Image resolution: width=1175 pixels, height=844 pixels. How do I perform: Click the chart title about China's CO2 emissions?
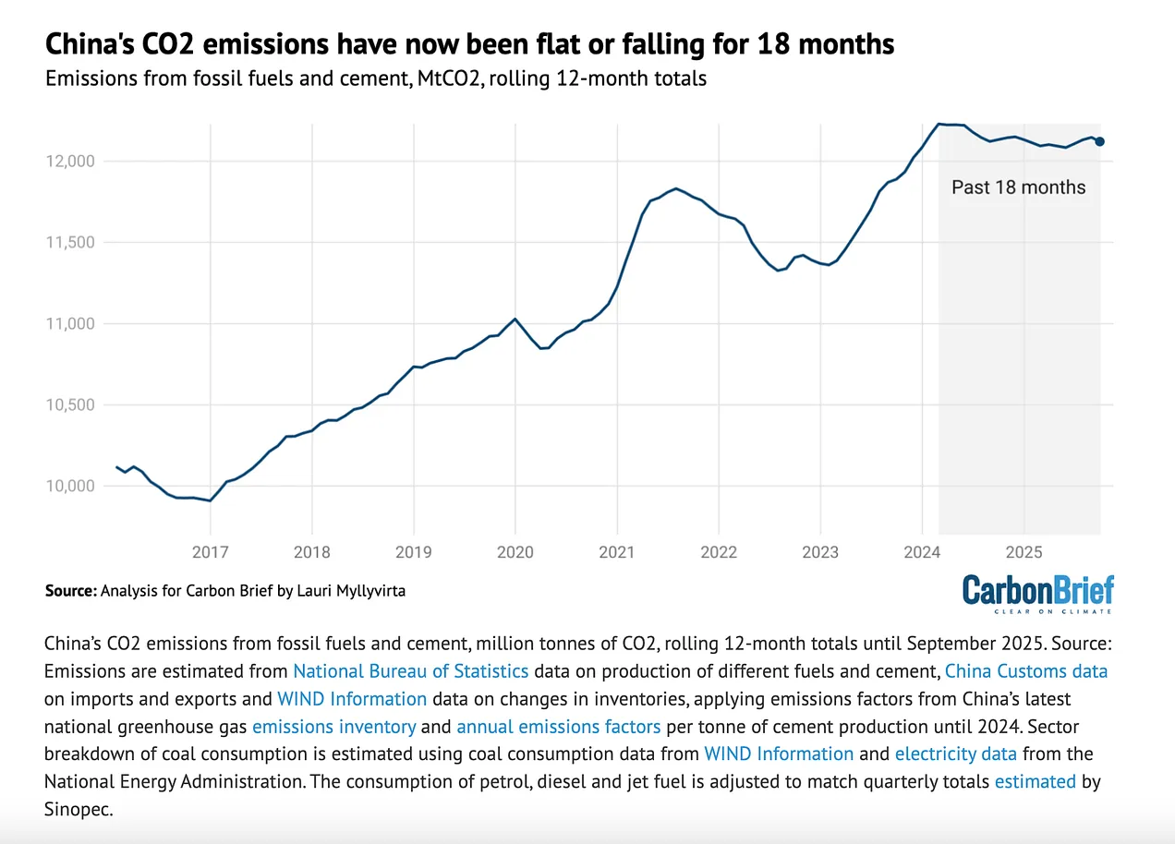[x=469, y=44]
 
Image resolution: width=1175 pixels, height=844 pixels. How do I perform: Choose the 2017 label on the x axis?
[x=211, y=552]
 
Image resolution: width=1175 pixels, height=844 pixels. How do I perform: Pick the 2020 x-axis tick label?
[x=515, y=552]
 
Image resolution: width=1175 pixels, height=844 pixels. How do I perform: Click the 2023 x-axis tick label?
[x=820, y=552]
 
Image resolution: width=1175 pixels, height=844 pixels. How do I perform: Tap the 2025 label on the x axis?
[x=1024, y=552]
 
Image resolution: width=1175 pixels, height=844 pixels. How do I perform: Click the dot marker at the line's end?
[x=1099, y=141]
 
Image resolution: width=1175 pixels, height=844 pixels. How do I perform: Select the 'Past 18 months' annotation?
[x=1018, y=187]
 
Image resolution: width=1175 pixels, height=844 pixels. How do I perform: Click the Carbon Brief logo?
[x=1037, y=592]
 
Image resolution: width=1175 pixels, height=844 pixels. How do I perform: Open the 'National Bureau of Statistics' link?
[x=411, y=670]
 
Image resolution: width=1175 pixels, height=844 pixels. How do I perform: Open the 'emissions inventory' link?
[x=333, y=726]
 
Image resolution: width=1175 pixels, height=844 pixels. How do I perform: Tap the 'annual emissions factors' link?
[x=558, y=726]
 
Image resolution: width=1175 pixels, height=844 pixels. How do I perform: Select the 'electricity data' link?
[x=956, y=754]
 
